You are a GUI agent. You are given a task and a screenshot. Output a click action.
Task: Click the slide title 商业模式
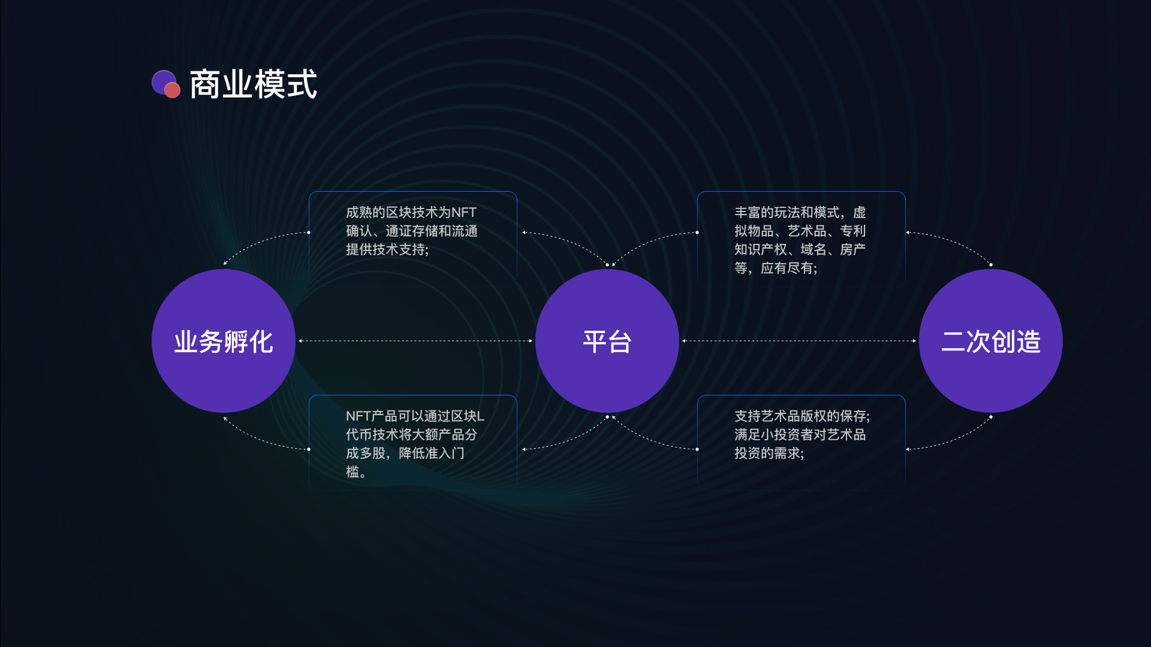(253, 84)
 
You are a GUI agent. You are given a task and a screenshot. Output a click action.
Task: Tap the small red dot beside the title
(172, 90)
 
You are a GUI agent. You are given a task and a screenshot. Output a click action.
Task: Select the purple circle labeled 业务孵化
(224, 341)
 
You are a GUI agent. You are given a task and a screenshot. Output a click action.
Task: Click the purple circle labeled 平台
(607, 341)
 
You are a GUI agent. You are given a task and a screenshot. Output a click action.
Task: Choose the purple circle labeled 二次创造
(991, 341)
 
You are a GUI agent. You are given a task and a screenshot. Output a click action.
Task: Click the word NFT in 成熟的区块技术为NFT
(463, 213)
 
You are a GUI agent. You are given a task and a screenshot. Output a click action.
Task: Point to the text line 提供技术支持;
(387, 250)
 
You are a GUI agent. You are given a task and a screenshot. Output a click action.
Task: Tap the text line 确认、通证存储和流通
(412, 231)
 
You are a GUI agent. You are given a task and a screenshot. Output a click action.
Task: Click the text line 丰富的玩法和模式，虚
(800, 213)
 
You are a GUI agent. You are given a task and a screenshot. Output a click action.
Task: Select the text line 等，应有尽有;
(776, 268)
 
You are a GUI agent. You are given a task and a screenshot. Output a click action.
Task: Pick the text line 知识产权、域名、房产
(800, 250)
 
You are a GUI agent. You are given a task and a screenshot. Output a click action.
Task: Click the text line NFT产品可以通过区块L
(415, 416)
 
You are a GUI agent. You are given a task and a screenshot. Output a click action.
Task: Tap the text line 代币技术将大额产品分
(412, 435)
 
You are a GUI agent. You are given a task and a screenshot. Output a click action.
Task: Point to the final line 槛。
(356, 472)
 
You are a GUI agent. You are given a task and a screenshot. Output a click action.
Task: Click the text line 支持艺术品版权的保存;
(802, 416)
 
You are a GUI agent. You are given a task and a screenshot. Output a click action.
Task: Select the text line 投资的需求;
(769, 453)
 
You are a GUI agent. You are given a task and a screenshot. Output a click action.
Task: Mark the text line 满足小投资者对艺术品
(800, 435)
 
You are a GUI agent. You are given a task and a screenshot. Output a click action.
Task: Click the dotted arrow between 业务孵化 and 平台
(415, 341)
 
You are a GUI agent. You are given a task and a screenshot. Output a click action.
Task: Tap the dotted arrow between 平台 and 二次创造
(799, 341)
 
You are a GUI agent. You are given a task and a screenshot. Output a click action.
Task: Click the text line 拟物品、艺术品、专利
(800, 231)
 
